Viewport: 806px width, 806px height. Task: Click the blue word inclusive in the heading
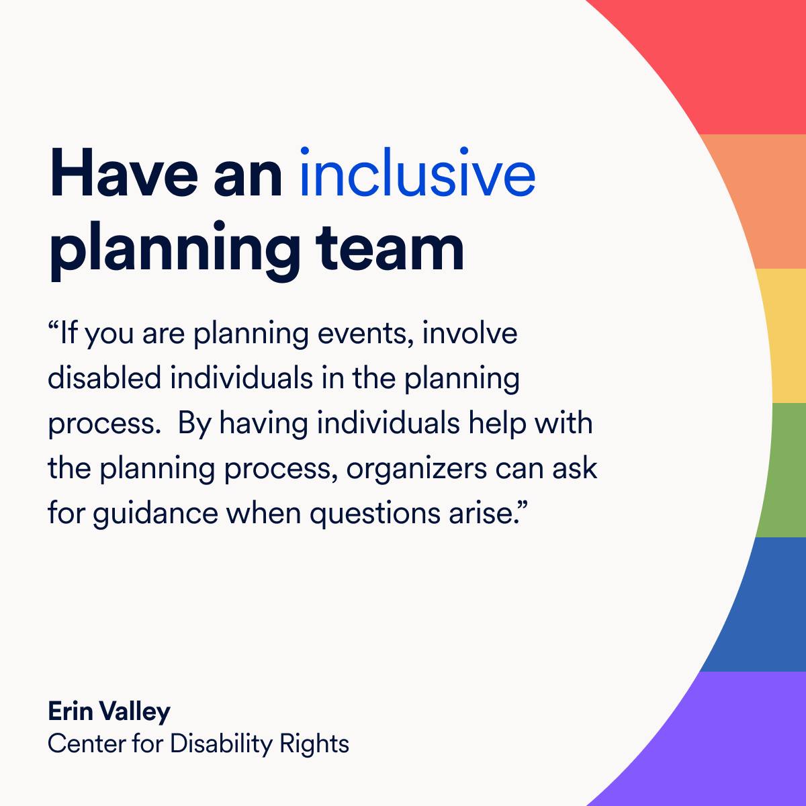coord(417,175)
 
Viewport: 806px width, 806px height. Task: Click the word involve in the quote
coord(469,334)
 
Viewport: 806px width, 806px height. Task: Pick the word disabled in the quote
coord(104,378)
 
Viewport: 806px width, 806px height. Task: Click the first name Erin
coord(69,711)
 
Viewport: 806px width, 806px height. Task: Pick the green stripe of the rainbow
coord(786,470)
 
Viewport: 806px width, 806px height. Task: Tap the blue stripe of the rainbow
coord(759,604)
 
